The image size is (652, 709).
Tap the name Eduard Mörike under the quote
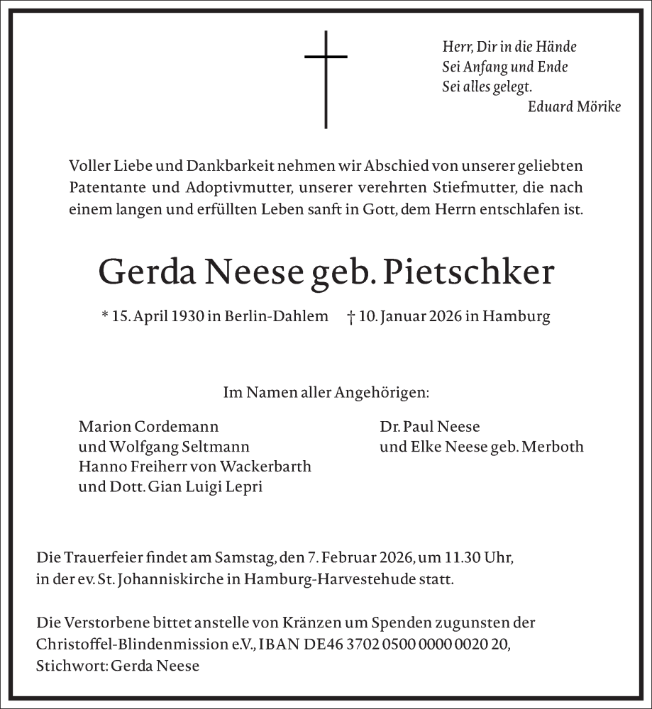574,106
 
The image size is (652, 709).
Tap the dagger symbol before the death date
351,317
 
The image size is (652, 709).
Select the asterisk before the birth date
105,316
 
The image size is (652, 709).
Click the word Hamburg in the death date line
516,317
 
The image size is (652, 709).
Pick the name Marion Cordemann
148,427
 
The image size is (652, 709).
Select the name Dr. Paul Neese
430,427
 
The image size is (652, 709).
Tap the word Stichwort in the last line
66,666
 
